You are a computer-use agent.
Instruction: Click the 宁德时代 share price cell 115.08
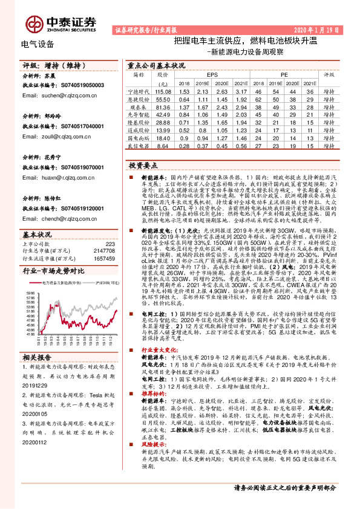pos(163,90)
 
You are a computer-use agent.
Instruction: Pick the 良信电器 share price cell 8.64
pos(163,146)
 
